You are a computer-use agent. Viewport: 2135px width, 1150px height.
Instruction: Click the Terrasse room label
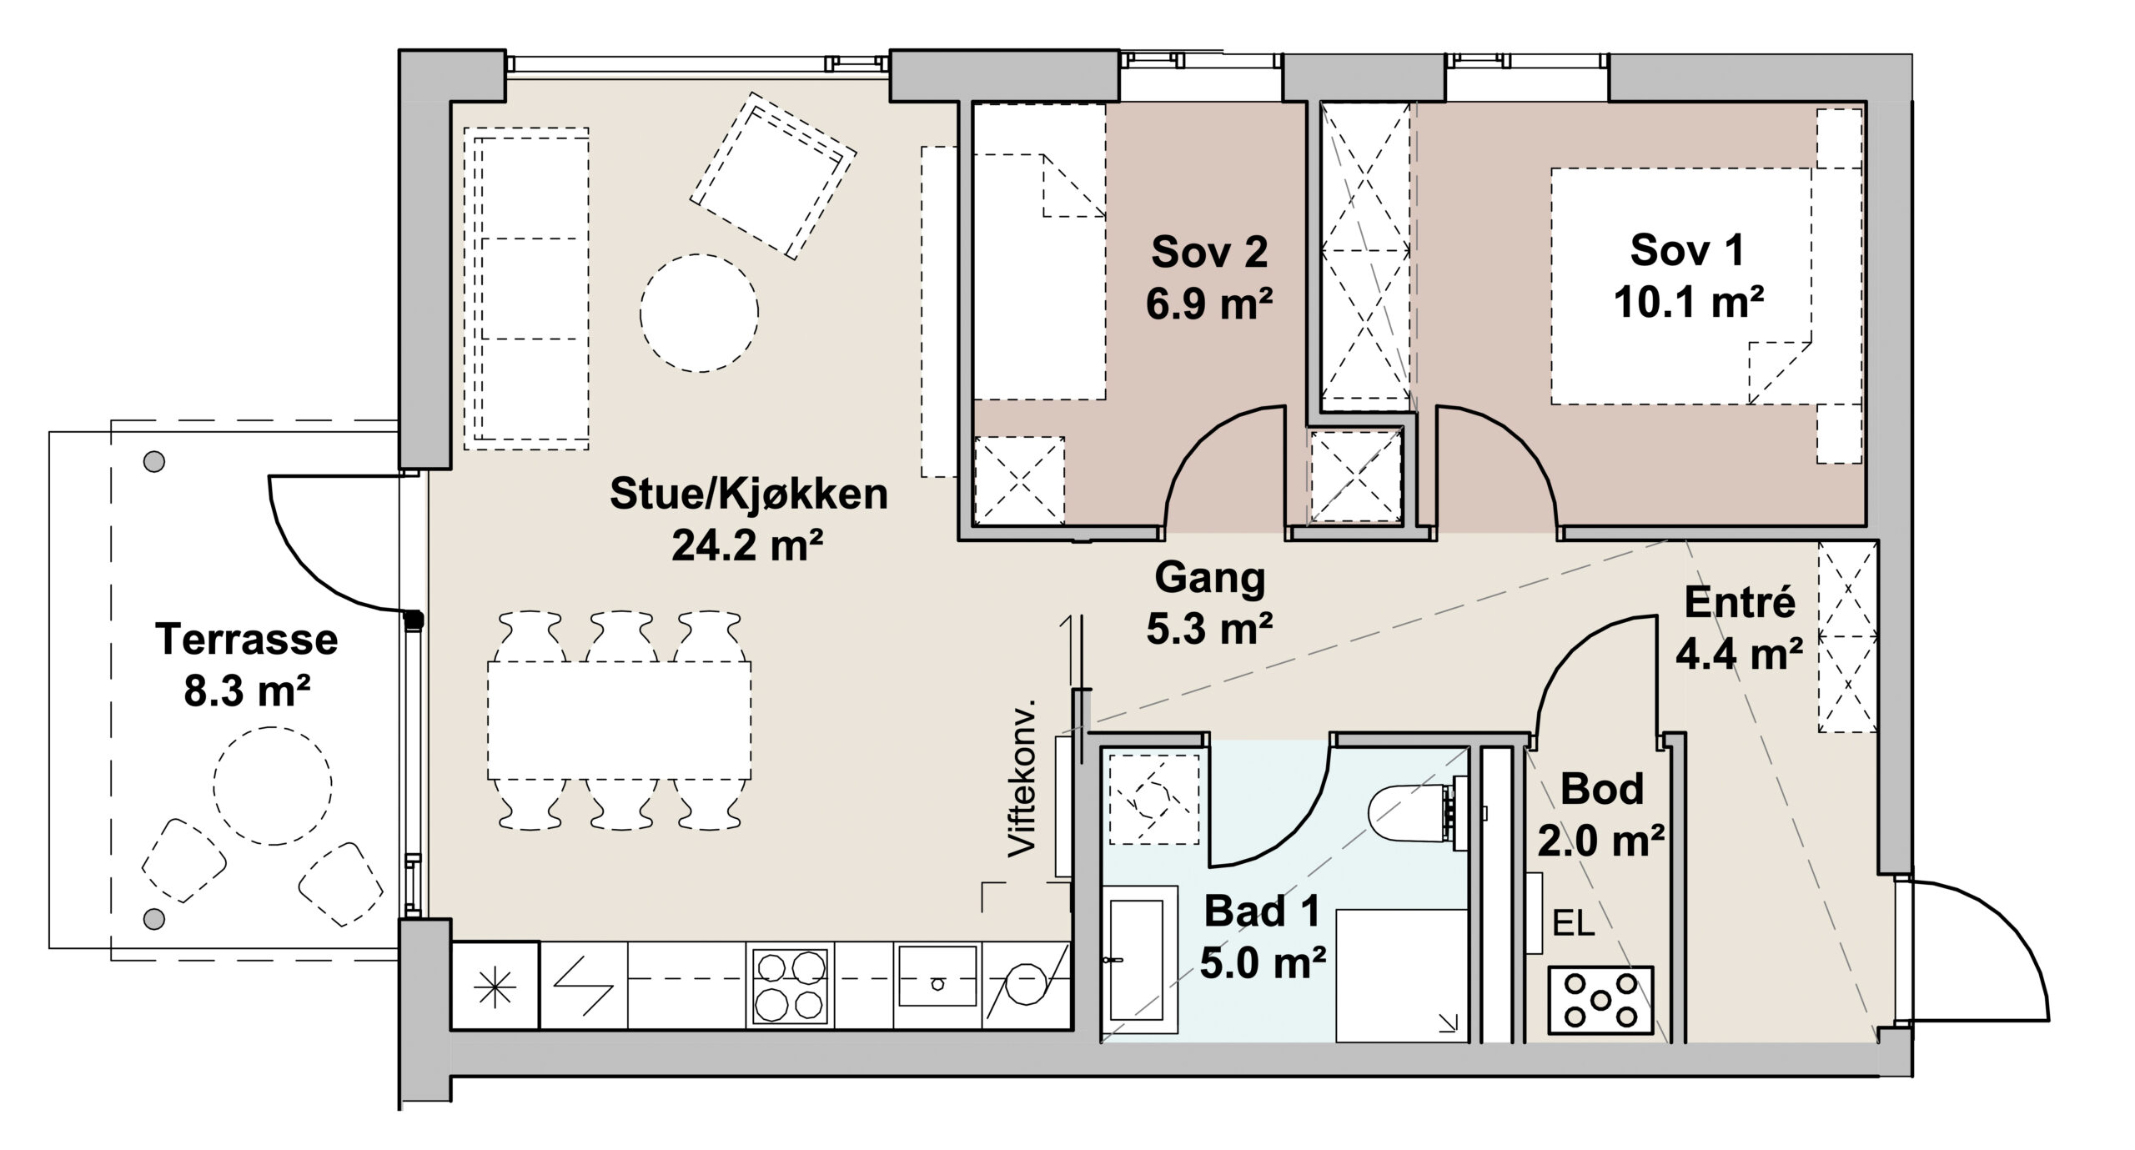click(x=246, y=640)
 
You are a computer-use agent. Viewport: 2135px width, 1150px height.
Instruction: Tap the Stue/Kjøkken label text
click(x=748, y=495)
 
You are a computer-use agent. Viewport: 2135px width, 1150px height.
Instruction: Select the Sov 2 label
click(x=1209, y=252)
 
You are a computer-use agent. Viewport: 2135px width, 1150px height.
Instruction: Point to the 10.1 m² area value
click(x=1688, y=302)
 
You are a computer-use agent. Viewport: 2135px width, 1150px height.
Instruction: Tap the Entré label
click(x=1740, y=602)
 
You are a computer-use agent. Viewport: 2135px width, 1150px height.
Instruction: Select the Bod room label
click(x=1602, y=789)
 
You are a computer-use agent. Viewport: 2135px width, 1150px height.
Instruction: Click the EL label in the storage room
click(x=1573, y=924)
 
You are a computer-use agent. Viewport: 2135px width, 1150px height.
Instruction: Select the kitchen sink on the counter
click(x=937, y=977)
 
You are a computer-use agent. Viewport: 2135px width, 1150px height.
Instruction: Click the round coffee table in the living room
click(x=699, y=313)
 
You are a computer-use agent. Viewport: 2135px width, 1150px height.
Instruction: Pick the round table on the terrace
click(x=273, y=786)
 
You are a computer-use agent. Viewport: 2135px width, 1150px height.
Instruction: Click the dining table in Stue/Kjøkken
click(x=619, y=721)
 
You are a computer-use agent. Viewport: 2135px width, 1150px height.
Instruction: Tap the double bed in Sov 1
click(x=1681, y=287)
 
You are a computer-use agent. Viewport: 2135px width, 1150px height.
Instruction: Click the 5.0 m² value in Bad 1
click(x=1263, y=964)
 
